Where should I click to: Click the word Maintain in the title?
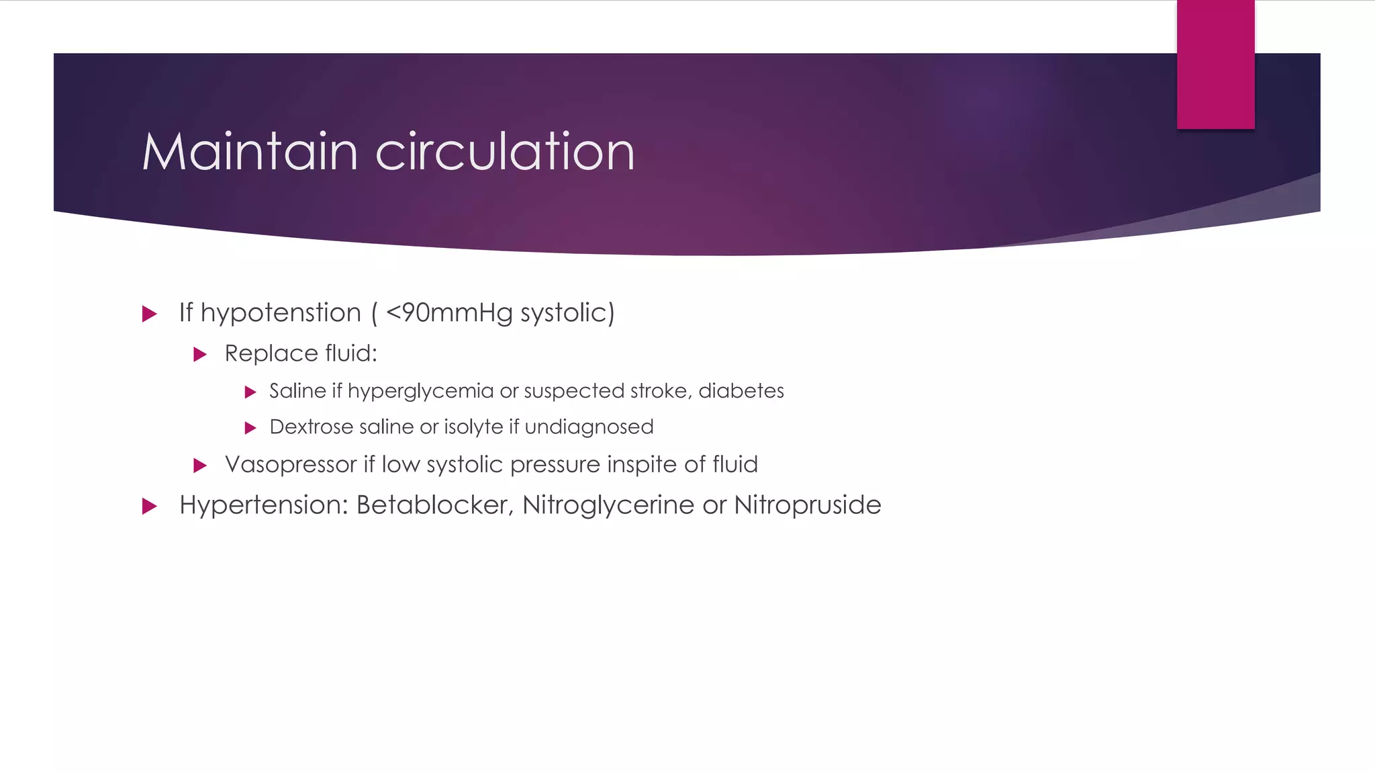[x=249, y=152]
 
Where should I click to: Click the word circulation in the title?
[x=505, y=152]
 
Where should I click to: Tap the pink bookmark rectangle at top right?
[x=1215, y=64]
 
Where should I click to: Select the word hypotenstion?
[x=281, y=313]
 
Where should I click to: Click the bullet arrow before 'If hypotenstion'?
[x=150, y=314]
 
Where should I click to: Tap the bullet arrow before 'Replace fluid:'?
[x=200, y=354]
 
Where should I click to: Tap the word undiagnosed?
[x=589, y=427]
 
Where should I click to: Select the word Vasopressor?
[x=291, y=464]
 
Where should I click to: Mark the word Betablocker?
[x=435, y=505]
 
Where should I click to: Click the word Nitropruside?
[x=808, y=505]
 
